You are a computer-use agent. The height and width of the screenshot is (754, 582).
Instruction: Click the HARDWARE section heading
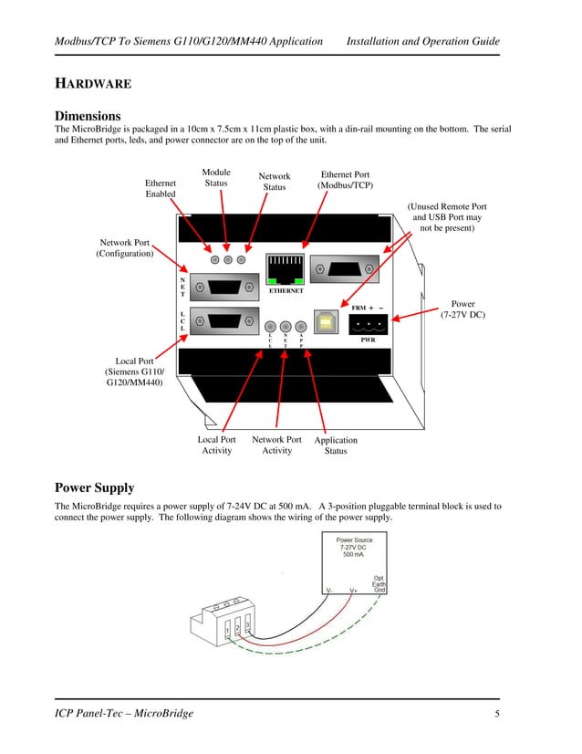pos(93,84)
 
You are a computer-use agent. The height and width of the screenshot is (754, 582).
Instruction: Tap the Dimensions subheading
pos(88,116)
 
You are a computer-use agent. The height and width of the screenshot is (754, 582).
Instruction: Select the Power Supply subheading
pos(94,487)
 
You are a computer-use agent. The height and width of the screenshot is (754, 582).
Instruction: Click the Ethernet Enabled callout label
pos(161,189)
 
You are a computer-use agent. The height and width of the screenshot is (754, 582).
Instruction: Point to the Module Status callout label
pos(216,177)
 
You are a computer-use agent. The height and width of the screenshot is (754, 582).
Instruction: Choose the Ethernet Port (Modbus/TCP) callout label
pos(345,180)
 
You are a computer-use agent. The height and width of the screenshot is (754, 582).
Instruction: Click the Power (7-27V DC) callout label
pos(462,309)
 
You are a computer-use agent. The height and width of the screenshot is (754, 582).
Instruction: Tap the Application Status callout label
pos(336,445)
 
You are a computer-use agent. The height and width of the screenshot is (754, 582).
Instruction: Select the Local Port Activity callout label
pos(216,445)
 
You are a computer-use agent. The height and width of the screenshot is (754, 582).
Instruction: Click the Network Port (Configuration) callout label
pos(125,248)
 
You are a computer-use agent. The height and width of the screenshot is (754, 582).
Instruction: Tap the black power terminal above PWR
pos(368,324)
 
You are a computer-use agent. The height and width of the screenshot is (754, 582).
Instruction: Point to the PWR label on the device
pos(368,340)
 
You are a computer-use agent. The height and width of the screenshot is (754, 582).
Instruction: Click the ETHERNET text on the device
pos(286,291)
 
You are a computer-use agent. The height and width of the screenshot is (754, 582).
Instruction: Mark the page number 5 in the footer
pos(497,713)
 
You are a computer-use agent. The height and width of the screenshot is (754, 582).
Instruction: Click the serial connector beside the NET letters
pos(224,286)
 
